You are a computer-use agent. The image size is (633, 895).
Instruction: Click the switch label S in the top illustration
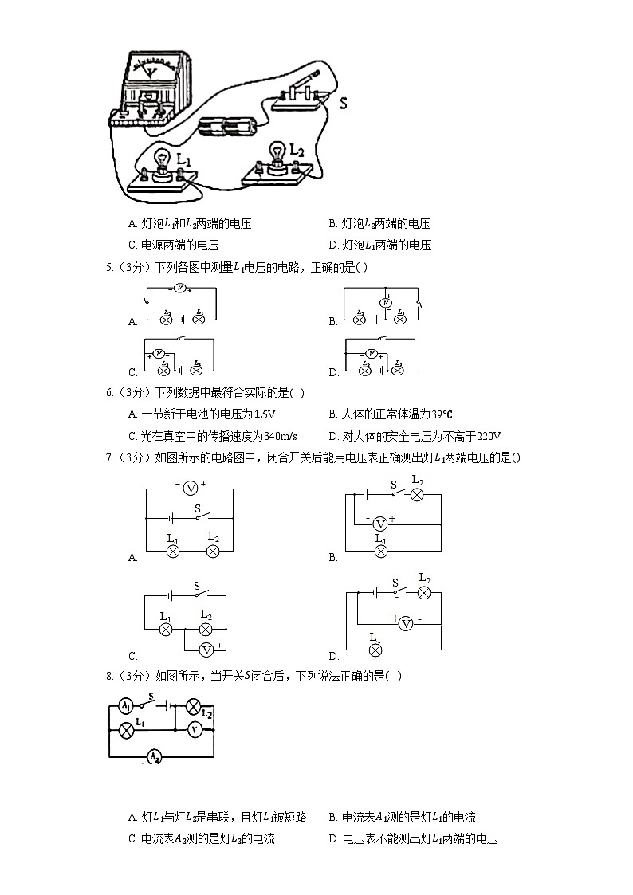click(x=343, y=103)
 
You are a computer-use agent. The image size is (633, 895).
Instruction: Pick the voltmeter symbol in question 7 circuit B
click(x=380, y=523)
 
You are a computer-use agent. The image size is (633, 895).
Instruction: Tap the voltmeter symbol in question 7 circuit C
click(x=206, y=650)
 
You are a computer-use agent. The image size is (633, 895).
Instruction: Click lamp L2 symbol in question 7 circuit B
click(x=416, y=495)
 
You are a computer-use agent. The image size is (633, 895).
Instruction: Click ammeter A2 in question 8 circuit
click(x=154, y=756)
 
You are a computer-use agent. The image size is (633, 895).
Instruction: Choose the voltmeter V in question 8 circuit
click(x=193, y=729)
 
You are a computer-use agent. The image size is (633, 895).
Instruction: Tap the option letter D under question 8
click(x=333, y=838)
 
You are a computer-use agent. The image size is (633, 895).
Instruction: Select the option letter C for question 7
click(x=132, y=656)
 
